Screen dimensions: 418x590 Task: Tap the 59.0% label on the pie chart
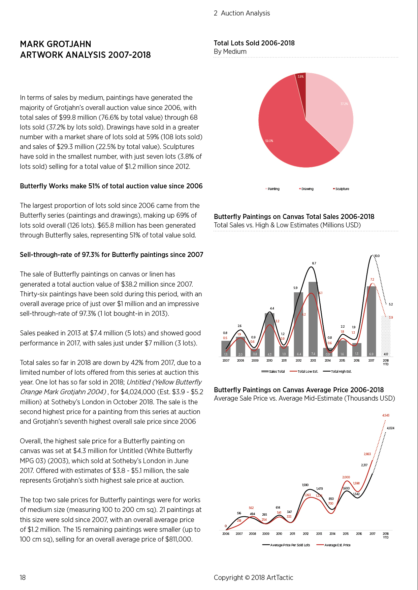pos(269,141)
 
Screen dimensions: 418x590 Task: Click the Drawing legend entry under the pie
pos(307,189)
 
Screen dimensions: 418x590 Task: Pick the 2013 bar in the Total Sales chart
pos(313,319)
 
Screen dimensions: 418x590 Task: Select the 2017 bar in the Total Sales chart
pos(371,321)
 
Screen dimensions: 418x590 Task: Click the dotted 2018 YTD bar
pos(386,336)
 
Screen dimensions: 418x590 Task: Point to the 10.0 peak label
pos(377,256)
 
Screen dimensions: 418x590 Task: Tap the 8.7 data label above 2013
pos(314,263)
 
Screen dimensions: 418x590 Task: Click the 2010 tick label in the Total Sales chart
pos(269,361)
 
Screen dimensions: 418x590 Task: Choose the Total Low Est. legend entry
pos(304,372)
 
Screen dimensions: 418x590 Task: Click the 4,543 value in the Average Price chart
pos(386,415)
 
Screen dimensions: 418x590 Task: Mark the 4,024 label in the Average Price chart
pos(390,428)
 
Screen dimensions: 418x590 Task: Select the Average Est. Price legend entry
pos(333,545)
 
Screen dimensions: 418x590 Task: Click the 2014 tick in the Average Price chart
pos(332,534)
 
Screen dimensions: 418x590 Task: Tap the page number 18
pos(23,578)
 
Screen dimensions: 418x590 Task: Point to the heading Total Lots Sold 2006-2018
pos(254,43)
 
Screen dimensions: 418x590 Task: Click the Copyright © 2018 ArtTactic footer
pos(253,578)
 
